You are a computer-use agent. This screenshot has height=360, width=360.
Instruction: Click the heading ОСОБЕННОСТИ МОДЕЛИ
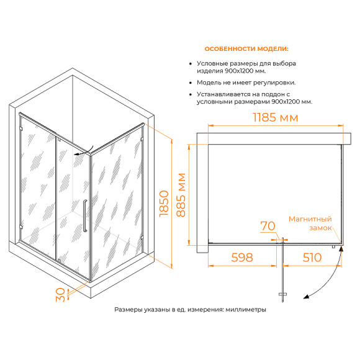coord(246,49)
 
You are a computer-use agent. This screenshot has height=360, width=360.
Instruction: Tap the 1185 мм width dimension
coord(276,117)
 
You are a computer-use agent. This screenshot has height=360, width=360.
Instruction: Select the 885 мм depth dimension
coord(181,195)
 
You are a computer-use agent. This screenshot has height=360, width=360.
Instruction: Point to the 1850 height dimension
coord(164,203)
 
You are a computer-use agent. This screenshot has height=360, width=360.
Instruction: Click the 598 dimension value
coord(242,258)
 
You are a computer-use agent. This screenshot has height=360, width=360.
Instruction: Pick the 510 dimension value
coord(312,258)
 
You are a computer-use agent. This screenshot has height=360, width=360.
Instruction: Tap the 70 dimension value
coord(268,226)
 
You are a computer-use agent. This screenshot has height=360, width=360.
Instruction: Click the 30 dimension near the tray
coord(60,295)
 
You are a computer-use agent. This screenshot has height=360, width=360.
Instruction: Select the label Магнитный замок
coord(310,223)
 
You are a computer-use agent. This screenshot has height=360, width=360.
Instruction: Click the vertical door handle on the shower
coord(85,215)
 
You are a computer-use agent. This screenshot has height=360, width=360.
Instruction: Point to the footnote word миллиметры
coord(246,310)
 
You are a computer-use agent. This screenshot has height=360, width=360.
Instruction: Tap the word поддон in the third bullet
coord(272,94)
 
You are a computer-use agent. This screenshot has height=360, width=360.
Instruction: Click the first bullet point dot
coord(191,63)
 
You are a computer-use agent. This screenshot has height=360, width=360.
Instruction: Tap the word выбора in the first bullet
coord(284,63)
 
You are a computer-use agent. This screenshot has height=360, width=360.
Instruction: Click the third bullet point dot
coord(191,94)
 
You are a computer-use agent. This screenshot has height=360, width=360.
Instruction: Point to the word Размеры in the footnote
coord(128,310)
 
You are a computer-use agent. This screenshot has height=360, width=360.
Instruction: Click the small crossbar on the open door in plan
coord(282,294)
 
